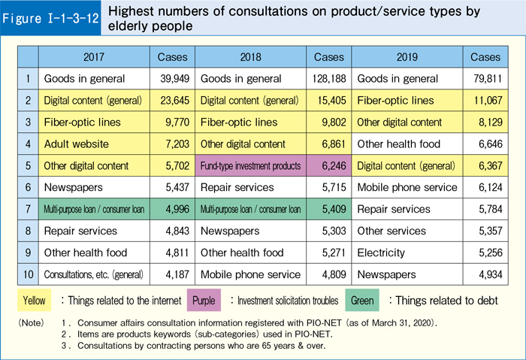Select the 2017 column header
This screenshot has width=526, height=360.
(x=94, y=57)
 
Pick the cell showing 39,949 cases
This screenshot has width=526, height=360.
(x=171, y=79)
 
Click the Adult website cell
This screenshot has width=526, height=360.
(x=94, y=144)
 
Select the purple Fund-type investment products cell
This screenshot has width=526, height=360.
(x=250, y=165)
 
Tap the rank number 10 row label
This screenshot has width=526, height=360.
(x=28, y=274)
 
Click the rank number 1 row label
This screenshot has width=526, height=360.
(x=28, y=79)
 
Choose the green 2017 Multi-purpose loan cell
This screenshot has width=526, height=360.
(x=94, y=209)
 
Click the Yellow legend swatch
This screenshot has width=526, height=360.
(x=35, y=301)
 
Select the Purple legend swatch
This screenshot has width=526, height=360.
(x=204, y=301)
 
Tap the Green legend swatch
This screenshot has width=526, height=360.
(x=364, y=301)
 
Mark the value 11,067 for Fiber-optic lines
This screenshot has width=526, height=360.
(x=485, y=100)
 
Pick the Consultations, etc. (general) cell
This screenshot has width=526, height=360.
(x=94, y=274)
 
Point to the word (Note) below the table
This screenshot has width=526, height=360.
(x=31, y=322)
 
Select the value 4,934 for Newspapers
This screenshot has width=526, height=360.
(x=485, y=274)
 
